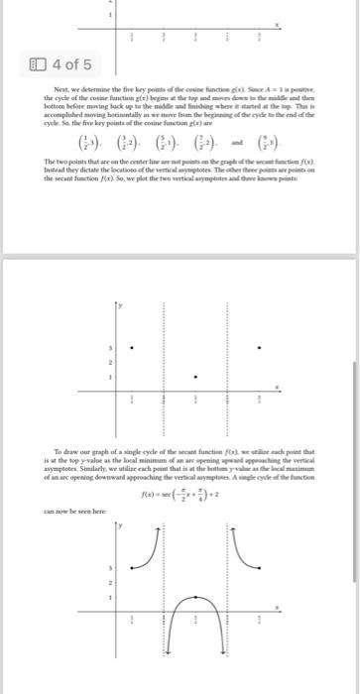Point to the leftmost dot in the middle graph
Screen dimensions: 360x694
click(135, 346)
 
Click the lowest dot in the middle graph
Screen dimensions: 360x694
click(198, 378)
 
